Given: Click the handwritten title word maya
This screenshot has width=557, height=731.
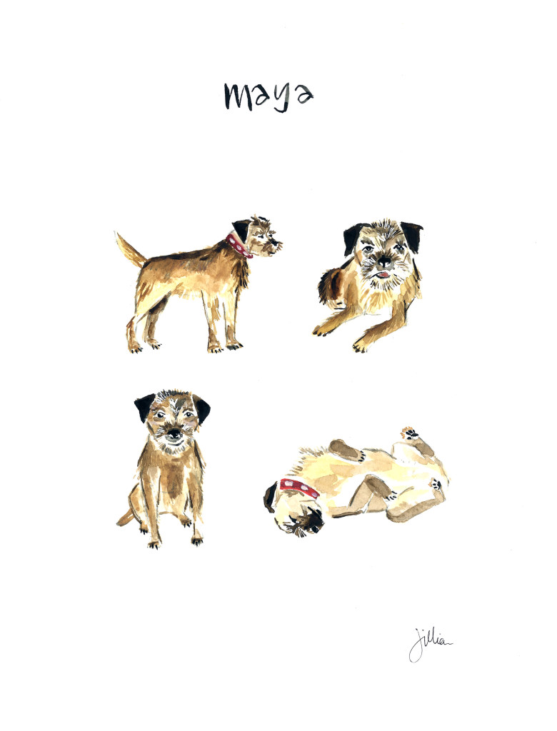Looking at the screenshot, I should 268,96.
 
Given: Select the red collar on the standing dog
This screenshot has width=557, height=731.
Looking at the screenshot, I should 237,245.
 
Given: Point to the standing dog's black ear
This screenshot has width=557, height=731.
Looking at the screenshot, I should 242,229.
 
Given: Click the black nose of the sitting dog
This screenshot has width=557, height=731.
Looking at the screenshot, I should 174,433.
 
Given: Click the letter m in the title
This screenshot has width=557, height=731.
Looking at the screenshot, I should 239,96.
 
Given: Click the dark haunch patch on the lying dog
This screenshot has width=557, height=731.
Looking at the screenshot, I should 330,286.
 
